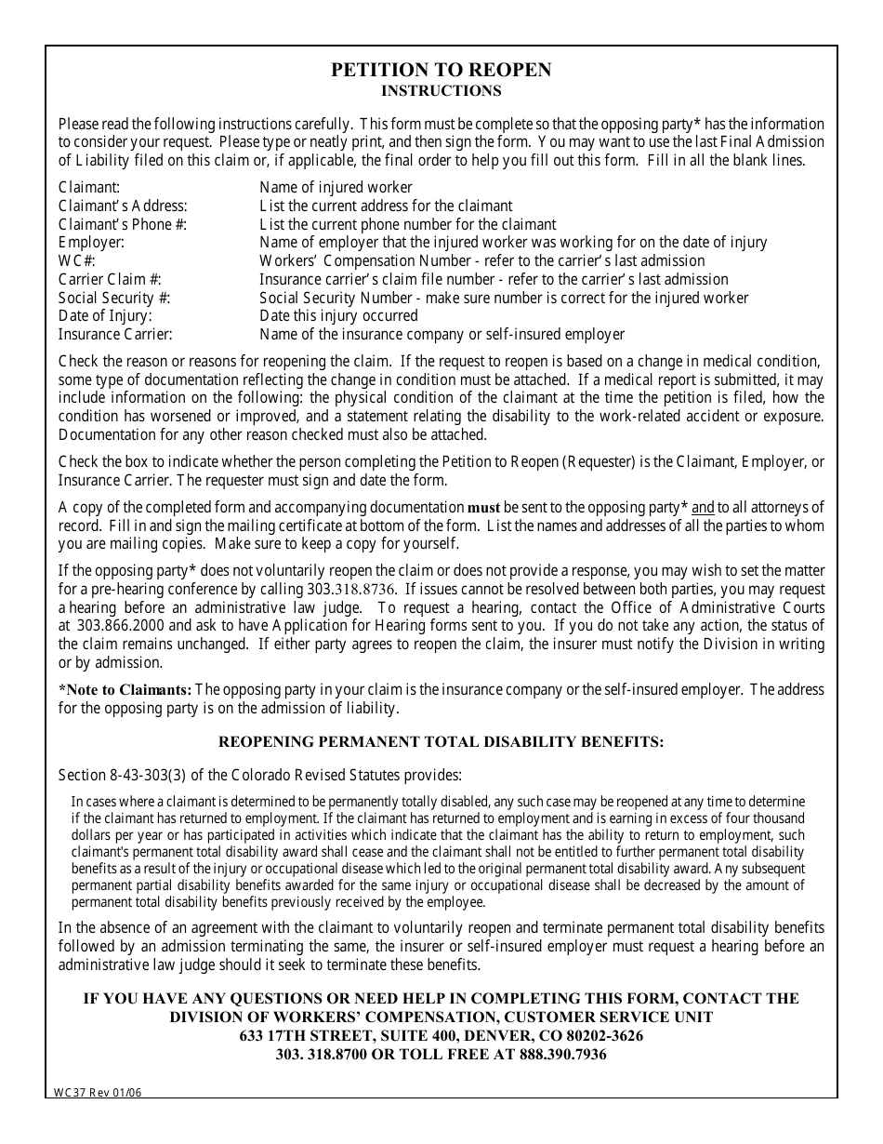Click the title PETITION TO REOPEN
[441, 71]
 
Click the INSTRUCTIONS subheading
[441, 91]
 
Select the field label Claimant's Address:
[123, 206]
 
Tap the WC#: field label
[77, 260]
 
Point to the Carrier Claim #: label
[110, 279]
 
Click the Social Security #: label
[114, 298]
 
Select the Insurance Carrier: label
[115, 334]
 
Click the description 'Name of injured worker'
[336, 187]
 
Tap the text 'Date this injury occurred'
[338, 315]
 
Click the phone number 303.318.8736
[351, 590]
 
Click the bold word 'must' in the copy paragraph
[483, 508]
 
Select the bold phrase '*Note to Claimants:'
[125, 689]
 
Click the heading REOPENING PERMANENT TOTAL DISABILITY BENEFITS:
[441, 741]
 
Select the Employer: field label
[91, 242]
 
